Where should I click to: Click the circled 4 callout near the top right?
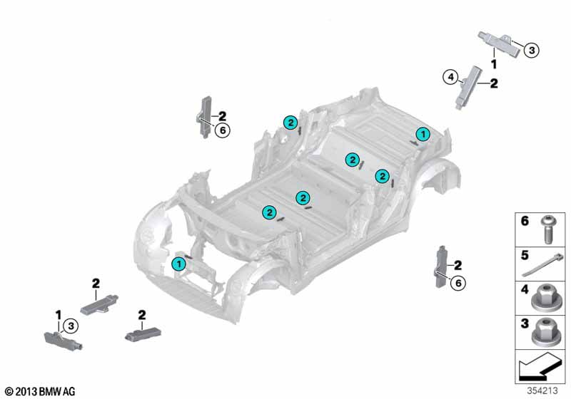(x=451, y=77)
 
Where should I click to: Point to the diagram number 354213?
(x=542, y=390)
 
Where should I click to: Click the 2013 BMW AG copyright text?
(x=40, y=391)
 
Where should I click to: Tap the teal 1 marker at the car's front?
(x=179, y=264)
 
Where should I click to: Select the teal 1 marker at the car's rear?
(x=423, y=135)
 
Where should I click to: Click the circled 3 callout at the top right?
(x=532, y=50)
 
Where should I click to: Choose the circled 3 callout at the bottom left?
(x=71, y=326)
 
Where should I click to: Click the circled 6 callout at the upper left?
(x=223, y=130)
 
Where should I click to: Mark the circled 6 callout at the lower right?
(x=458, y=283)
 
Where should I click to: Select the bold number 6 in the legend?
(x=525, y=221)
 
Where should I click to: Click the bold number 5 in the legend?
(x=525, y=255)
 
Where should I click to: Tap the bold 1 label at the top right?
(x=494, y=64)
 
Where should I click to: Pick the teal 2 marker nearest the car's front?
(x=270, y=212)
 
